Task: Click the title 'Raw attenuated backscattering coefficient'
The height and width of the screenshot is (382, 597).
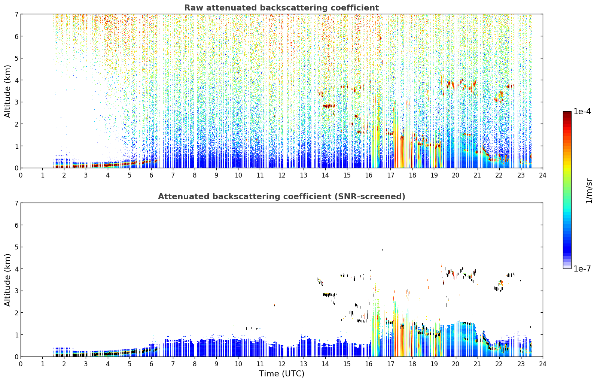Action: [x=281, y=8]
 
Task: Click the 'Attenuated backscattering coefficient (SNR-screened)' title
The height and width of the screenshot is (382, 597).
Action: [x=281, y=196]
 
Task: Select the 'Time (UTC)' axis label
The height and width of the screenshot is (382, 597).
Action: [x=281, y=373]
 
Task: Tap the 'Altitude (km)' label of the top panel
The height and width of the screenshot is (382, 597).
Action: [x=7, y=91]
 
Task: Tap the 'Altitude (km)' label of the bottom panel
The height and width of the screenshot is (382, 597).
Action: [x=7, y=280]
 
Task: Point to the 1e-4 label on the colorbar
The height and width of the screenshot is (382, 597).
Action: [x=582, y=112]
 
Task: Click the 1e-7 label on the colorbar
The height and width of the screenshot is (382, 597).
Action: [x=582, y=269]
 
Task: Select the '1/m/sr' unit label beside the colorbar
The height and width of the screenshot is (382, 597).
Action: [x=589, y=191]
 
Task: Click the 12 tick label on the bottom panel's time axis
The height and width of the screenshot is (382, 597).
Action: [x=282, y=364]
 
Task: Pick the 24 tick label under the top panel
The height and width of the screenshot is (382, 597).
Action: [x=543, y=175]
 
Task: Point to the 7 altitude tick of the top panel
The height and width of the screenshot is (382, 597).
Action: [x=16, y=14]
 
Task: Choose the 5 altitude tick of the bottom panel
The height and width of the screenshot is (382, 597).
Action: [x=16, y=247]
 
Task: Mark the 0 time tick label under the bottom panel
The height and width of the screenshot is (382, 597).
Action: [x=21, y=364]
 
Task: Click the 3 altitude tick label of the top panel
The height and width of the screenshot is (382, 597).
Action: [x=16, y=102]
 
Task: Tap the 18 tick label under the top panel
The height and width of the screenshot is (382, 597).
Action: [x=412, y=175]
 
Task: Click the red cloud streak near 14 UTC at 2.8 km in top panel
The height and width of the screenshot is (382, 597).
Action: [x=329, y=106]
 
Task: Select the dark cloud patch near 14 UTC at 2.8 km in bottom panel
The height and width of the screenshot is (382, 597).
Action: [x=329, y=295]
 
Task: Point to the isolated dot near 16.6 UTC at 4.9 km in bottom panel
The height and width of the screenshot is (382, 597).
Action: [x=382, y=250]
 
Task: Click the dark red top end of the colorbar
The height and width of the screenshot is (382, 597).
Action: [x=567, y=113]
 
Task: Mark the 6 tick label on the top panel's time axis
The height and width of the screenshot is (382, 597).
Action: [x=151, y=175]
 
